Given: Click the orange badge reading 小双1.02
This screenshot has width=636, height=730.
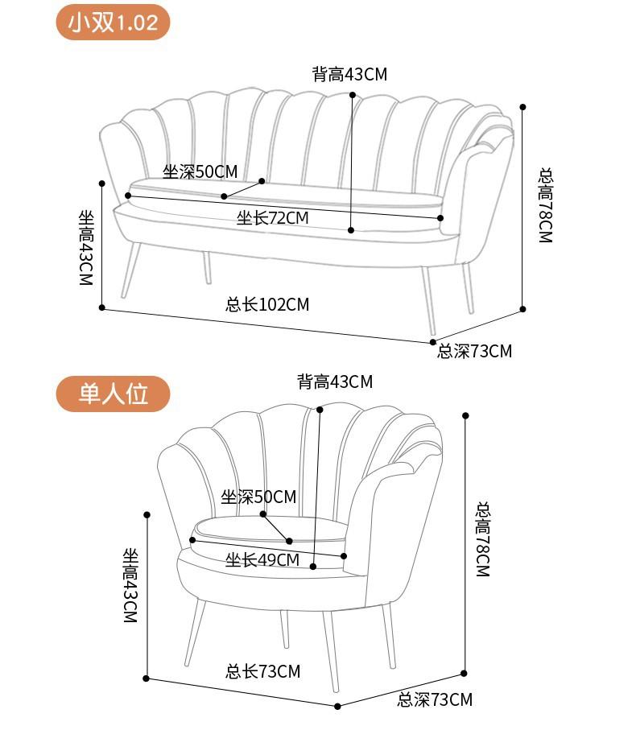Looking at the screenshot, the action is [x=113, y=22].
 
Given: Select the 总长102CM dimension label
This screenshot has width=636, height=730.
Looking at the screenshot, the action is [x=267, y=304].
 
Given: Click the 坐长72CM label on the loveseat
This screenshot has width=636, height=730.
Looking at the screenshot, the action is [x=272, y=217].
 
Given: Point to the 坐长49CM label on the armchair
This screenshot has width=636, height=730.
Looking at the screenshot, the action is [x=262, y=559].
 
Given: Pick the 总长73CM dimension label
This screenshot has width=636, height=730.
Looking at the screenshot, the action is [x=262, y=671].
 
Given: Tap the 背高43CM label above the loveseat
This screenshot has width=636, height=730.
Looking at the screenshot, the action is [x=349, y=75].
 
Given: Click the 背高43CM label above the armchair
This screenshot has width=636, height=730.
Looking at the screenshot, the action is [x=335, y=381].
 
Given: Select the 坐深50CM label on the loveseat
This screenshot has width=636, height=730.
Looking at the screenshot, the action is [x=200, y=171].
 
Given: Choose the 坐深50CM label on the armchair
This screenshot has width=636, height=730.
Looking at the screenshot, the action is [x=258, y=497].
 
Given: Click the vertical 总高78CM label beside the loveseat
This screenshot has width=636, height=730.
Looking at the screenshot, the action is [x=546, y=205].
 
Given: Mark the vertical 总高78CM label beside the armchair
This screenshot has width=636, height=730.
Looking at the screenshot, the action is [x=482, y=538].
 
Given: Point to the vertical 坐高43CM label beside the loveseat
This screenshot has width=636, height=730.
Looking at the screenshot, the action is [x=85, y=247].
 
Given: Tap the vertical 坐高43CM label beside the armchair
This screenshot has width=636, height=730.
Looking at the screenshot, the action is [x=130, y=585].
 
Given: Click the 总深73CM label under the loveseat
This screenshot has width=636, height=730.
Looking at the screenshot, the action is [x=474, y=351].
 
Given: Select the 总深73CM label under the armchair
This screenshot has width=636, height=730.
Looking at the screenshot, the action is [x=435, y=699].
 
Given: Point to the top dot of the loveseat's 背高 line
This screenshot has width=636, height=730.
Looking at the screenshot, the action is [x=353, y=95].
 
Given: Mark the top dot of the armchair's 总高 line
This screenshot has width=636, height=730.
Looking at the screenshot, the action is [x=465, y=415].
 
